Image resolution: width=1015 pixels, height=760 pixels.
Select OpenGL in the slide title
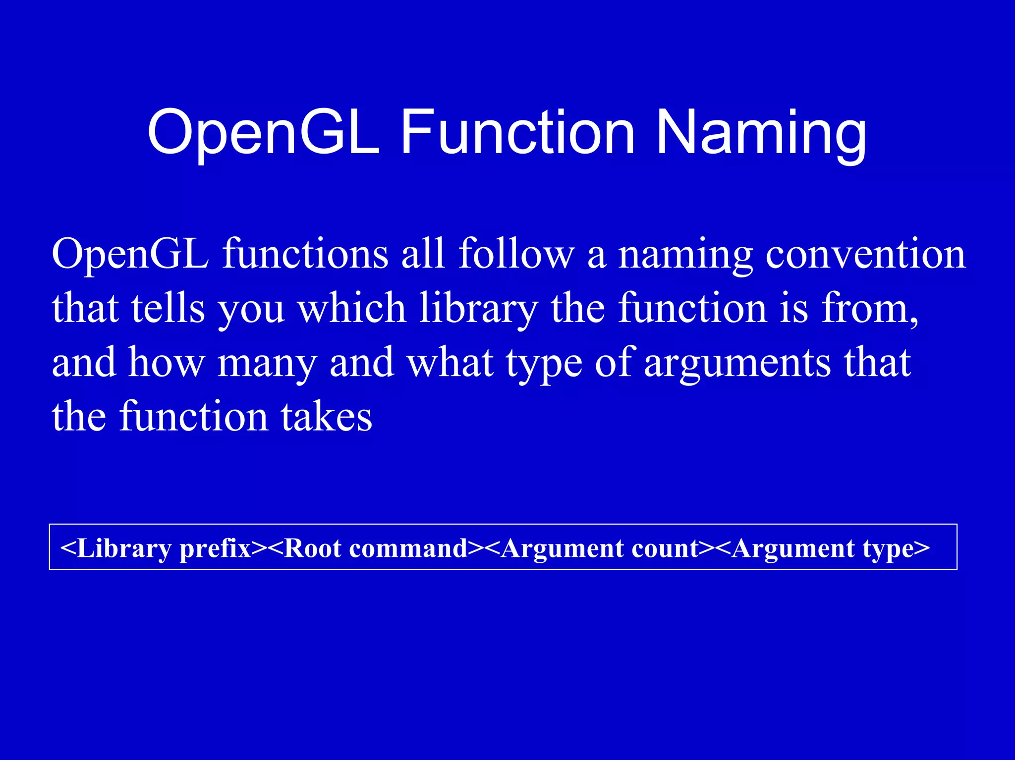(264, 133)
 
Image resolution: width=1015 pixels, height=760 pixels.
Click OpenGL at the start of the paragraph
(130, 255)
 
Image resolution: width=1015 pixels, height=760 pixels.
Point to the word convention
(865, 255)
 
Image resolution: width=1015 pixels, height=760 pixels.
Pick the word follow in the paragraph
(516, 255)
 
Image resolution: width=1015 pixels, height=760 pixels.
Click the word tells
(168, 308)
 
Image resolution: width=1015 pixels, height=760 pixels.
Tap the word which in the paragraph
(352, 308)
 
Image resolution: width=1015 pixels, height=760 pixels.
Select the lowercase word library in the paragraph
(478, 308)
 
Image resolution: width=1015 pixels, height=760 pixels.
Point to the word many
(267, 363)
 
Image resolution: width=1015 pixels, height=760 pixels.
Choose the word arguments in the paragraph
(737, 363)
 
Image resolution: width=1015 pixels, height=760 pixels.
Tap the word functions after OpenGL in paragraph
(305, 255)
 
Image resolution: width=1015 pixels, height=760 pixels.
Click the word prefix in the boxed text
(215, 549)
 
